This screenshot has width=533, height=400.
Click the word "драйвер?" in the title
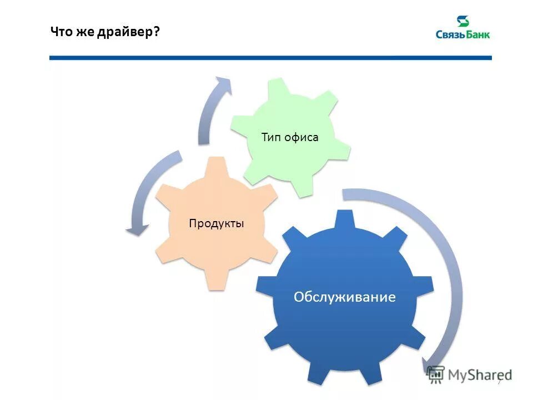pyautogui.click(x=130, y=32)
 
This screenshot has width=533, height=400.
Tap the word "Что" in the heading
pyautogui.click(x=61, y=32)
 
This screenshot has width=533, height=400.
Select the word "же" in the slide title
pyautogui.click(x=85, y=32)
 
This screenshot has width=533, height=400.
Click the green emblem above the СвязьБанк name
pyautogui.click(x=462, y=22)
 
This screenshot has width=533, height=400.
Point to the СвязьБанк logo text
pyautogui.click(x=462, y=35)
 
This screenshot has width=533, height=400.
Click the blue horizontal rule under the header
pyautogui.click(x=270, y=57)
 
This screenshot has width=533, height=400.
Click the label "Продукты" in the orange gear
pyautogui.click(x=217, y=224)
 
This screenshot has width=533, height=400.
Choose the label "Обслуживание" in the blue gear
pyautogui.click(x=345, y=297)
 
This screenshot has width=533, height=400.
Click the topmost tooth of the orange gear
pyautogui.click(x=217, y=164)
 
